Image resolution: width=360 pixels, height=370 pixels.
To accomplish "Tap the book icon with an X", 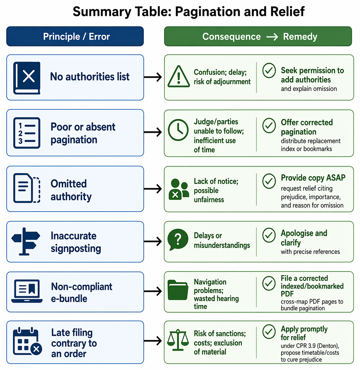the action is click(x=27, y=78).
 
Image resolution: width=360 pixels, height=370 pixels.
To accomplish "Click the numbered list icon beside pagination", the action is click(x=27, y=133).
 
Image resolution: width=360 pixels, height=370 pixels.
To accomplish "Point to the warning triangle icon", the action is click(x=179, y=76).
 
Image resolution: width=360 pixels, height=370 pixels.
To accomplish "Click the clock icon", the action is click(x=178, y=130).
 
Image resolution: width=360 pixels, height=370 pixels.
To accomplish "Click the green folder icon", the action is click(x=178, y=290).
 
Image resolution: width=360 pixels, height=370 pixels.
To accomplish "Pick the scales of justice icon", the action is click(x=178, y=340).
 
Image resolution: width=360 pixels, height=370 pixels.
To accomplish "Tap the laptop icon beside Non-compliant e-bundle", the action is click(x=27, y=291).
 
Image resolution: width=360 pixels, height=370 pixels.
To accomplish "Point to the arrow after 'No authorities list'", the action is click(x=153, y=77).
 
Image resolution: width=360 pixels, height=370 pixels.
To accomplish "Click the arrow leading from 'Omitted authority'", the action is click(x=153, y=189).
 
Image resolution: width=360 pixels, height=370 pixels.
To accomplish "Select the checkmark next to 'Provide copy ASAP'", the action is click(x=269, y=181).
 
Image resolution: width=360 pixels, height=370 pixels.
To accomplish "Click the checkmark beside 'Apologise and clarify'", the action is click(x=269, y=235).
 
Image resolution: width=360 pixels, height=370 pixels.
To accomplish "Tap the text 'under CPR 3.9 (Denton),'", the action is click(x=310, y=346).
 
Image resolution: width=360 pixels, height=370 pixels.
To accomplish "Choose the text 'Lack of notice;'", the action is click(x=216, y=181).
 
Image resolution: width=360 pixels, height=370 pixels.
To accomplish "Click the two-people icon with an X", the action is click(x=179, y=189).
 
